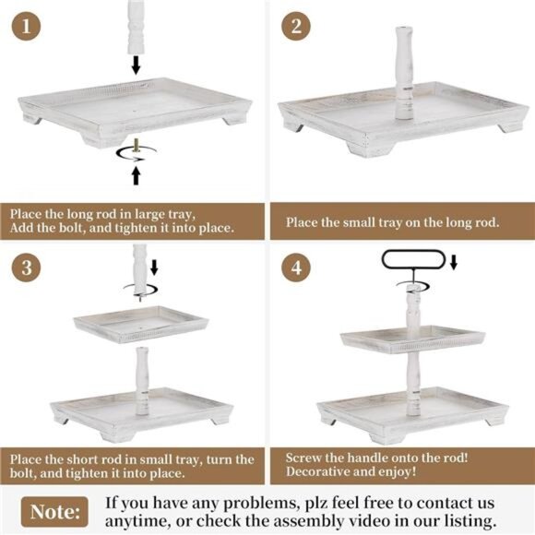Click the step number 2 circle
click(297, 26)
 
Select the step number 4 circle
click(297, 268)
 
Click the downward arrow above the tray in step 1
click(136, 64)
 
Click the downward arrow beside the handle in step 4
click(453, 263)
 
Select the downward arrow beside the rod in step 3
click(154, 267)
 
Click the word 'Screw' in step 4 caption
click(306, 458)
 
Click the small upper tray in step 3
click(141, 324)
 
